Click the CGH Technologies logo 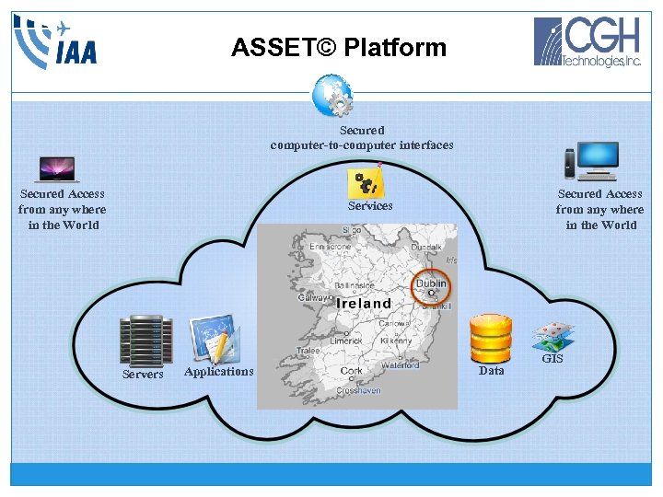point(588,42)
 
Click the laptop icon point(57,169)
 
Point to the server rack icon point(145,340)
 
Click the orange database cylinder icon point(490,338)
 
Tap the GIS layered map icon point(552,336)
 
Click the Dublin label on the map point(430,284)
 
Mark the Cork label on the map point(351,371)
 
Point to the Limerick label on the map point(347,341)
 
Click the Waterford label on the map point(401,365)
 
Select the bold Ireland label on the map point(363,303)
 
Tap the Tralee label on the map point(308,351)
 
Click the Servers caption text point(143,375)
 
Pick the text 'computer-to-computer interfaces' point(362,145)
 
